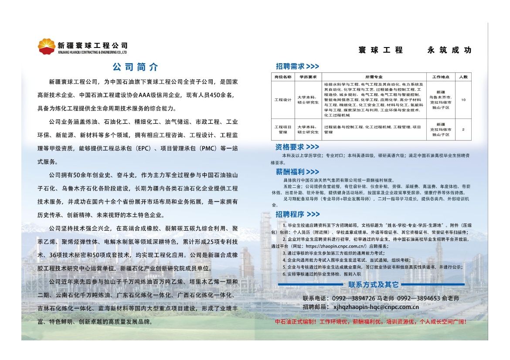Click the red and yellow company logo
[x=47, y=46]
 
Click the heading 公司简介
[x=136, y=67]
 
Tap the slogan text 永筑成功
[x=449, y=50]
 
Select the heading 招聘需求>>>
[x=297, y=66]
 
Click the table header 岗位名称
[x=282, y=77]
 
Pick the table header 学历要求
[x=308, y=77]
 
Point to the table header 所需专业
[x=374, y=77]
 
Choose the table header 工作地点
[x=440, y=77]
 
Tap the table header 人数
[x=463, y=77]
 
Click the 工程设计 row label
[x=282, y=100]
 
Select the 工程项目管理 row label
[x=282, y=129]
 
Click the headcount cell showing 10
[x=463, y=100]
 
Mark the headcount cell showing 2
[x=463, y=129]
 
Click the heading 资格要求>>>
[x=297, y=147]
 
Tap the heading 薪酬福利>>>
[x=297, y=172]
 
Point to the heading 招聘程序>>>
[x=298, y=214]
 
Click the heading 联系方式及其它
[x=373, y=285]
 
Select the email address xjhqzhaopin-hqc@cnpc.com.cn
[x=376, y=307]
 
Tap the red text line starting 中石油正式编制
[x=371, y=322]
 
